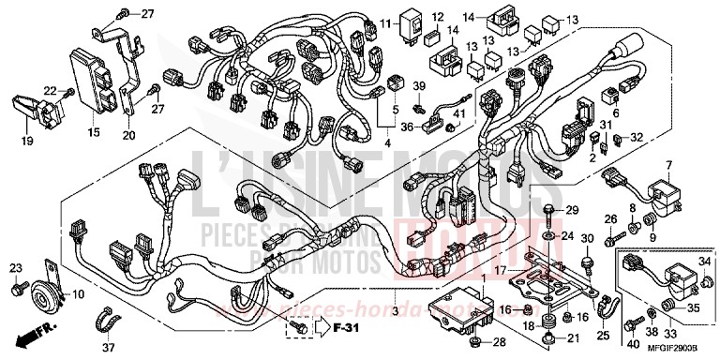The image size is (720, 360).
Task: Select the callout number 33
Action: (669, 331)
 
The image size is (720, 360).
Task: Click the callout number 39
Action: (419, 87)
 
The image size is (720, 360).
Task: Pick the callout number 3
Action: (397, 310)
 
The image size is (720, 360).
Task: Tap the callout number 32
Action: (637, 137)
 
